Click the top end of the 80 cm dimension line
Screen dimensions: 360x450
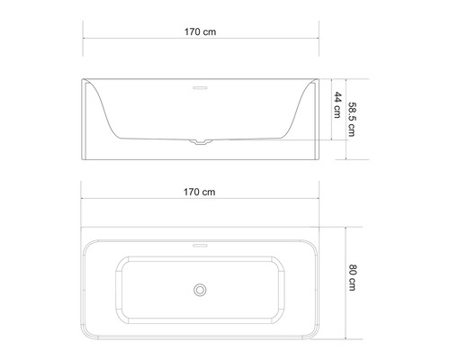pos(346,225)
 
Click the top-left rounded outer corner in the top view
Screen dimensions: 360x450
pos(86,242)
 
